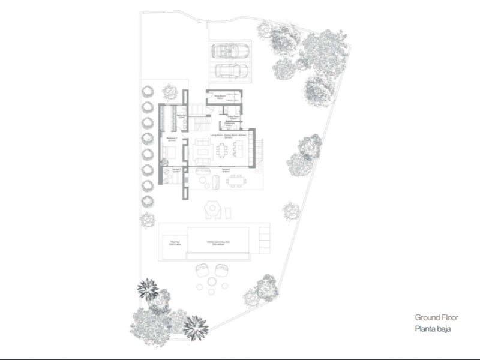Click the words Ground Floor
point(433,317)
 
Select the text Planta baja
point(431,329)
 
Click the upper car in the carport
point(230,50)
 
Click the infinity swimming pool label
point(218,243)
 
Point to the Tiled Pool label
point(175,243)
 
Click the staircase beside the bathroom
point(202,122)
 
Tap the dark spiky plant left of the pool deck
point(147,289)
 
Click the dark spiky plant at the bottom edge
point(195,327)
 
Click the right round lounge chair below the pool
point(221,272)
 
